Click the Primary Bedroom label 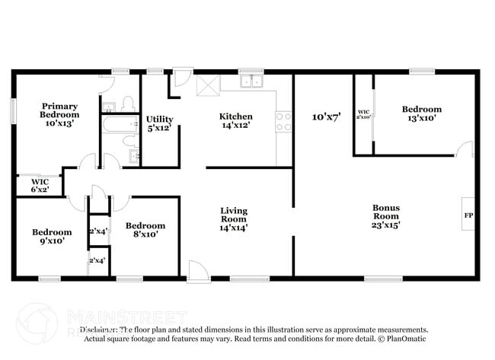pos(59,110)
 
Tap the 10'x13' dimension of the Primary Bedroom pos(59,122)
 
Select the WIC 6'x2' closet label pos(40,185)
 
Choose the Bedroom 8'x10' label pos(145,230)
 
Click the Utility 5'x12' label pos(160,123)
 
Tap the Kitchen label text pos(235,116)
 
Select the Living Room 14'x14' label pos(235,218)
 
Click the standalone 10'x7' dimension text pos(326,117)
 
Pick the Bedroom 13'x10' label pos(421,113)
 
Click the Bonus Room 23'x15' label pos(386,215)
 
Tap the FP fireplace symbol pos(468,215)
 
